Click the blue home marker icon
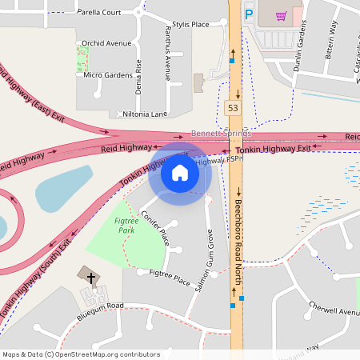[x=179, y=172]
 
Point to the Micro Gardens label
[x=108, y=74]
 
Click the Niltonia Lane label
[x=145, y=114]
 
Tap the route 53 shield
[x=232, y=107]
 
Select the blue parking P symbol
[x=249, y=14]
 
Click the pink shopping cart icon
[x=281, y=15]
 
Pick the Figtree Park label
[x=124, y=225]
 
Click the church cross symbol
[x=91, y=278]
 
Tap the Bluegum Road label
[x=101, y=306]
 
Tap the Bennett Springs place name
[x=220, y=133]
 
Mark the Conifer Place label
[x=155, y=226]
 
